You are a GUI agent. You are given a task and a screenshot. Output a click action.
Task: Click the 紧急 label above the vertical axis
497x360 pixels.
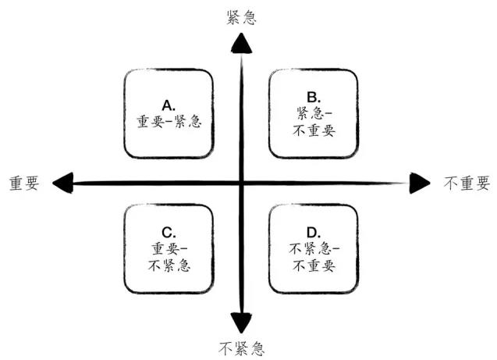[x=241, y=17]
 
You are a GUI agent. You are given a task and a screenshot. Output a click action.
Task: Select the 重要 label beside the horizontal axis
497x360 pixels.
[x=26, y=183]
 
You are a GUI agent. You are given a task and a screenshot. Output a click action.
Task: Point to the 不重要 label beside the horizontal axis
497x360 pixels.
[x=467, y=184]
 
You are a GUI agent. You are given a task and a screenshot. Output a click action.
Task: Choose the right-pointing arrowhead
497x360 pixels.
[x=420, y=184]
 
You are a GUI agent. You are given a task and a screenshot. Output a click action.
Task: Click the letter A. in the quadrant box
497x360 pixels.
[x=168, y=104]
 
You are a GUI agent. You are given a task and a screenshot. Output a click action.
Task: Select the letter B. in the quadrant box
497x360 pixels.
[x=314, y=98]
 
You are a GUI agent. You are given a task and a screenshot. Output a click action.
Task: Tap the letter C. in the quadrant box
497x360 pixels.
[x=168, y=232]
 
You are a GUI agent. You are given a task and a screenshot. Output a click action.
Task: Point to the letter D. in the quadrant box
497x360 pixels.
[x=314, y=232]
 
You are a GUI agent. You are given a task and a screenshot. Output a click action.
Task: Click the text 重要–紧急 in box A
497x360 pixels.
[x=169, y=122]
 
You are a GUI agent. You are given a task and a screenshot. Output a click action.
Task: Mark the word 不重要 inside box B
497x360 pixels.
[x=314, y=130]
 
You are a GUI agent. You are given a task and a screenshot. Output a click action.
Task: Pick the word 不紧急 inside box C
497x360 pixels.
[x=169, y=264]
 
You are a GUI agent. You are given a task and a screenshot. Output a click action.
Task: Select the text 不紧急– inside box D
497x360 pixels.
[x=314, y=248]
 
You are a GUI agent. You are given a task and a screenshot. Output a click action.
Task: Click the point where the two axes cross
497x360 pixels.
[x=242, y=184]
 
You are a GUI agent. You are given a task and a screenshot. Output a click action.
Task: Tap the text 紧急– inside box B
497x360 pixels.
[x=314, y=114]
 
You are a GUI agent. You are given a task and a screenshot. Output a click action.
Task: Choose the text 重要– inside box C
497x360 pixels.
[x=169, y=248]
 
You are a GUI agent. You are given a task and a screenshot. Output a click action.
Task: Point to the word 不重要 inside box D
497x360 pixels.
[x=314, y=265]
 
